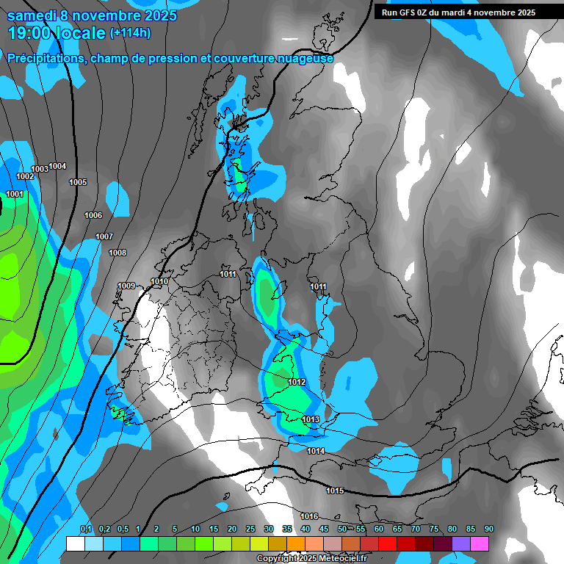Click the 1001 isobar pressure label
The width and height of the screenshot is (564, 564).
coord(15,194)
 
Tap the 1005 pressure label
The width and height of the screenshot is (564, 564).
coord(78,182)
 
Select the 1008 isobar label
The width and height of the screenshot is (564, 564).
coord(117,253)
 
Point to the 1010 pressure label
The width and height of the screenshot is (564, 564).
coord(159,281)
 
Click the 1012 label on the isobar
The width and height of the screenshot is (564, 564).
coord(297,382)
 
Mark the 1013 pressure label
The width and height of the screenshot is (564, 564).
coord(311,419)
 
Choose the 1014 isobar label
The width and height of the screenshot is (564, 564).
coord(316,451)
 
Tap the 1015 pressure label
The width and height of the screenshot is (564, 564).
coord(335,491)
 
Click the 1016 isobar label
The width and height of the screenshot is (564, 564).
coord(309,516)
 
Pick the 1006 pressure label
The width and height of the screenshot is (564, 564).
coord(93,215)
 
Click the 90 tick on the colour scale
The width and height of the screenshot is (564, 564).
coord(489,529)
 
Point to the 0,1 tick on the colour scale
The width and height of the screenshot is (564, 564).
coord(86,529)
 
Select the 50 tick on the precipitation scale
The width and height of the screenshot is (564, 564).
coord(342,529)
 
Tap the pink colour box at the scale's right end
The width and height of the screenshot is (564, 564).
coord(480,543)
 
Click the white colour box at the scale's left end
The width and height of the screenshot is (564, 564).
coord(75,543)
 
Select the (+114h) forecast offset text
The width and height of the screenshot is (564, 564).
coord(130,33)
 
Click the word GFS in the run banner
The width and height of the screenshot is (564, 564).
coord(406,12)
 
